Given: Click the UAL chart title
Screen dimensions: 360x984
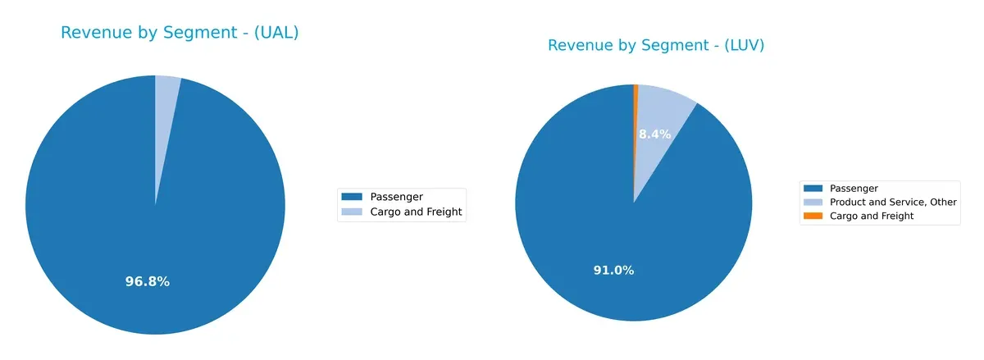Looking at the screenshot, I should point(180,33).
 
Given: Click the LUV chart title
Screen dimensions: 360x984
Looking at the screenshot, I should point(656,45).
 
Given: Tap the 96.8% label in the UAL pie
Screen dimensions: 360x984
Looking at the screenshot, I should point(148,281).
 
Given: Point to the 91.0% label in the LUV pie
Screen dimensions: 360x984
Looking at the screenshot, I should point(613,270).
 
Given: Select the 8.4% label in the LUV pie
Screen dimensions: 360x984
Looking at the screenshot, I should point(654,134).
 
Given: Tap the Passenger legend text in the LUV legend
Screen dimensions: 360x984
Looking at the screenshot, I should point(854,189).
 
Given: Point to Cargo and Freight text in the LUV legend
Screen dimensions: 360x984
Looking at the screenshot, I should point(872,216).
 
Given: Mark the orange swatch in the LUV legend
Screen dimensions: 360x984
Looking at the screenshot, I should point(813,216).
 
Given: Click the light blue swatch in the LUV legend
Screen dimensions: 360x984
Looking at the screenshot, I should point(813,202).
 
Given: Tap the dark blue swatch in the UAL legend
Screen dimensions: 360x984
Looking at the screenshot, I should point(351,197).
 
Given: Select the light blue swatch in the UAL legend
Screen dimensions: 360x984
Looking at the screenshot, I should point(351,212).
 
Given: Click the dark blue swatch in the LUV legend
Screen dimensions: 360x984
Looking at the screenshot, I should point(813,189).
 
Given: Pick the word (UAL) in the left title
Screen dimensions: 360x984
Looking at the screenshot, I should point(275,33).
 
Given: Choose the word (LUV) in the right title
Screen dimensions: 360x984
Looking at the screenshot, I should point(740,45).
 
